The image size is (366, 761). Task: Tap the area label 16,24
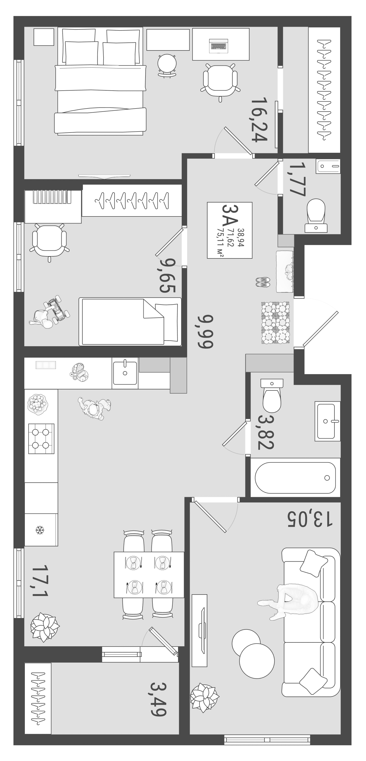259,119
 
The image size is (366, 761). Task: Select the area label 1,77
297,179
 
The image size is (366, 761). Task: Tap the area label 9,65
167,275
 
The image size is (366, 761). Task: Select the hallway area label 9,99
205,331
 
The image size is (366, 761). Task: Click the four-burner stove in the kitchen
41,439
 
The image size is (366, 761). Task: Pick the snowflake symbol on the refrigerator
39,530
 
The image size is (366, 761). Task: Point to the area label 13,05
310,519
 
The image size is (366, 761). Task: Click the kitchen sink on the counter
125,373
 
